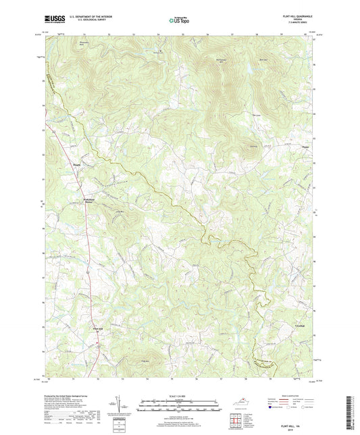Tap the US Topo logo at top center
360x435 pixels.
point(179,20)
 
